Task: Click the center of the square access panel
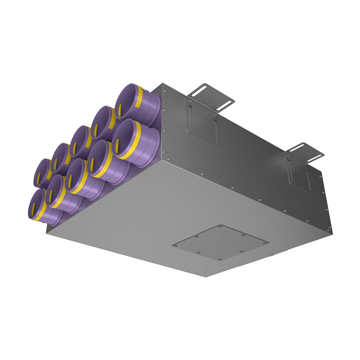pos(220,243)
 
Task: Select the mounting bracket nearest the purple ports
pos(213,96)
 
